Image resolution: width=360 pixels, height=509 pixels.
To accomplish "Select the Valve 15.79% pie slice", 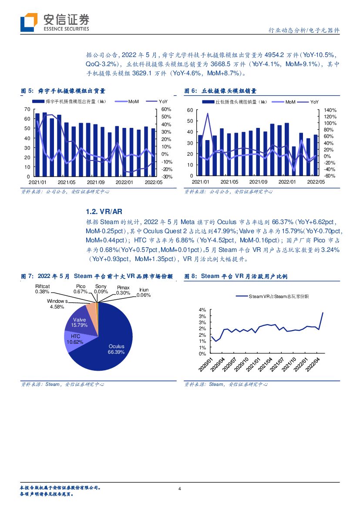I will point(80,322).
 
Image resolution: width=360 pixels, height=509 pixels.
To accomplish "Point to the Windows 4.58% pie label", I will point(57,304).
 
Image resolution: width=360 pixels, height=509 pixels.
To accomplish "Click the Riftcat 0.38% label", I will point(43,289).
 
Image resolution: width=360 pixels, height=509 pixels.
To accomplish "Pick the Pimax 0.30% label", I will point(123,290).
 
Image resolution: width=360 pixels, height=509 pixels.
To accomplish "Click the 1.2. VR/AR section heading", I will point(98,211).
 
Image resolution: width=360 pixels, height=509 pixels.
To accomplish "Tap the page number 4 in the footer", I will point(180,489).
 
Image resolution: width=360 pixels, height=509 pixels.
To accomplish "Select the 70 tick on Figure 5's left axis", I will point(27,109).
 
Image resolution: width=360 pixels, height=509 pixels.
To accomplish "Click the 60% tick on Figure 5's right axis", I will point(167,109).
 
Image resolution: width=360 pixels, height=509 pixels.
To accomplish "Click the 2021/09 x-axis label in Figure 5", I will point(96,182).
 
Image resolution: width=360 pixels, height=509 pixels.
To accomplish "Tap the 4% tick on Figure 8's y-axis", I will point(202,310).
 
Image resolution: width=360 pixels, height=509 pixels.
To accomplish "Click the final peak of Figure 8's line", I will point(323,312).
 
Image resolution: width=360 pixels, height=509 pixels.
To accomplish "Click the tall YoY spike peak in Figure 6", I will point(207,114).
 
